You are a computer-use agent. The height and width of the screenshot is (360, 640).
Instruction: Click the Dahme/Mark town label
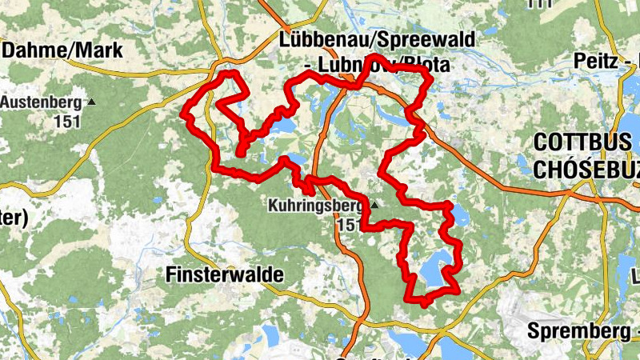click(x=62, y=50)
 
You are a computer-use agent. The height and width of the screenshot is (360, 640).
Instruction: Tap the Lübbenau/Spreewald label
click(x=377, y=40)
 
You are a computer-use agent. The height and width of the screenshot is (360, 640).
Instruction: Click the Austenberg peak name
click(x=41, y=102)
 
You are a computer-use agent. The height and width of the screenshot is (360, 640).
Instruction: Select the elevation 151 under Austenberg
click(x=67, y=122)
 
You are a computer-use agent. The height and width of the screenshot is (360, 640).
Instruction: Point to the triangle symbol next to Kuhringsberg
click(x=372, y=206)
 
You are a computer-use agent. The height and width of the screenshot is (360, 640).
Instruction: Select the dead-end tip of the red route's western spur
click(x=241, y=151)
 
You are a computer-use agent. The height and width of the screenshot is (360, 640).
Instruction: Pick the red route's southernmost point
click(x=422, y=303)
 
